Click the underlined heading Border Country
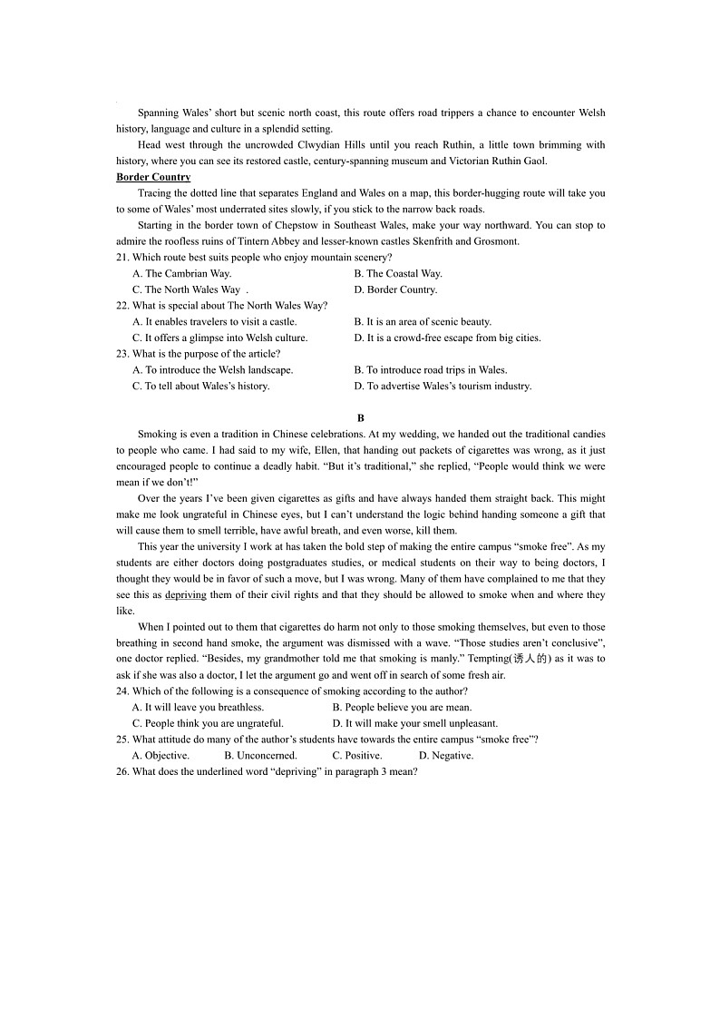point(153,177)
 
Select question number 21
point(122,258)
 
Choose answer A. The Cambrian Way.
point(181,273)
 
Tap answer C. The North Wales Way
point(186,289)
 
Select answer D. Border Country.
point(395,289)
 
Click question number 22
point(122,306)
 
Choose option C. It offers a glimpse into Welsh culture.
point(219,338)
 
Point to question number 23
point(122,354)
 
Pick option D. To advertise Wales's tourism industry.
point(443,386)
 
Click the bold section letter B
point(360,418)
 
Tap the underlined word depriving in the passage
point(186,595)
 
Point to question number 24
point(122,691)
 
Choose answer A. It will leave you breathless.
point(198,708)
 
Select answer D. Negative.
point(445,756)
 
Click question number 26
point(122,772)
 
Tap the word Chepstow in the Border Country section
point(272,225)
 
